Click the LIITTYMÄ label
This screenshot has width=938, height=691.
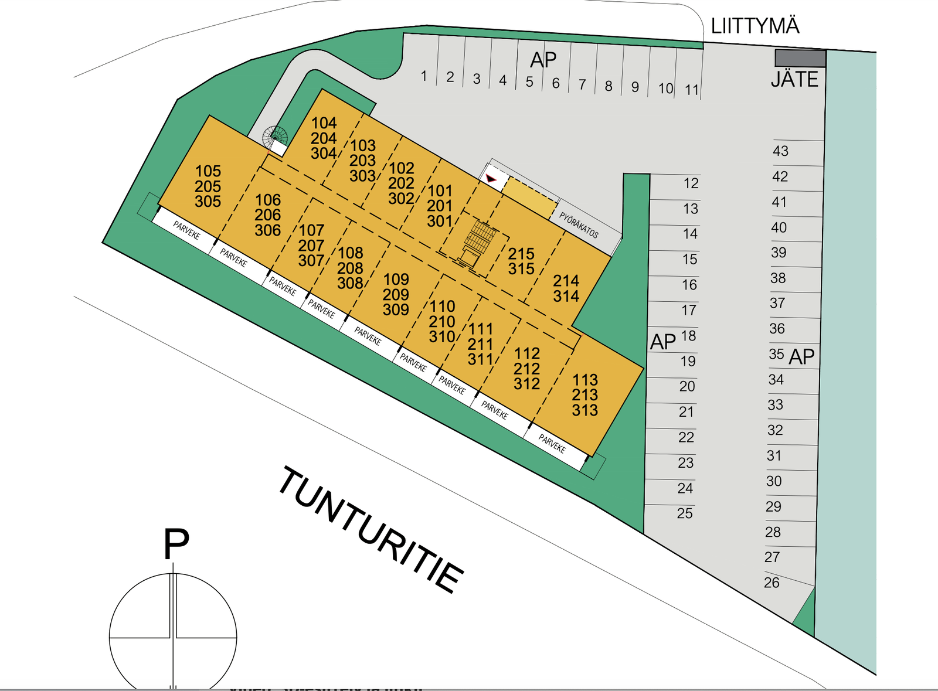pos(755,26)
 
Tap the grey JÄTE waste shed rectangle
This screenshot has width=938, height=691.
pos(800,58)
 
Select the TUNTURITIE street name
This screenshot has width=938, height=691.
pos(371,530)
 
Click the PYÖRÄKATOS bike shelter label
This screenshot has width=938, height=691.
pos(579,225)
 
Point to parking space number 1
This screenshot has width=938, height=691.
pos(424,76)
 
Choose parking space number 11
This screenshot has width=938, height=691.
pos(692,90)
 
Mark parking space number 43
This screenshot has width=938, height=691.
pos(780,151)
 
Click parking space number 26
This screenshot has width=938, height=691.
pos(772,583)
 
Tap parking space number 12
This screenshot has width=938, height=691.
pos(691,183)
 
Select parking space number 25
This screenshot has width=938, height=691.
pos(685,513)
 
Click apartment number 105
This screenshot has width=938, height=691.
pos(208,171)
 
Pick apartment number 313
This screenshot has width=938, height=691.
pos(585,410)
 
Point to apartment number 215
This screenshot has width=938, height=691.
pos(521,254)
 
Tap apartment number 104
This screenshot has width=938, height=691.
pos(324,123)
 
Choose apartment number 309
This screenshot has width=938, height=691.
pos(396,309)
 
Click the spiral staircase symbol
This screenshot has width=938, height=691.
pos(275,137)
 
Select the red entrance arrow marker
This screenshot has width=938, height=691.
pos(491,179)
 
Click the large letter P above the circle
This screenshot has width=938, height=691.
pos(176,544)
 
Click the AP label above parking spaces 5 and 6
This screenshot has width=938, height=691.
pos(543,60)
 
